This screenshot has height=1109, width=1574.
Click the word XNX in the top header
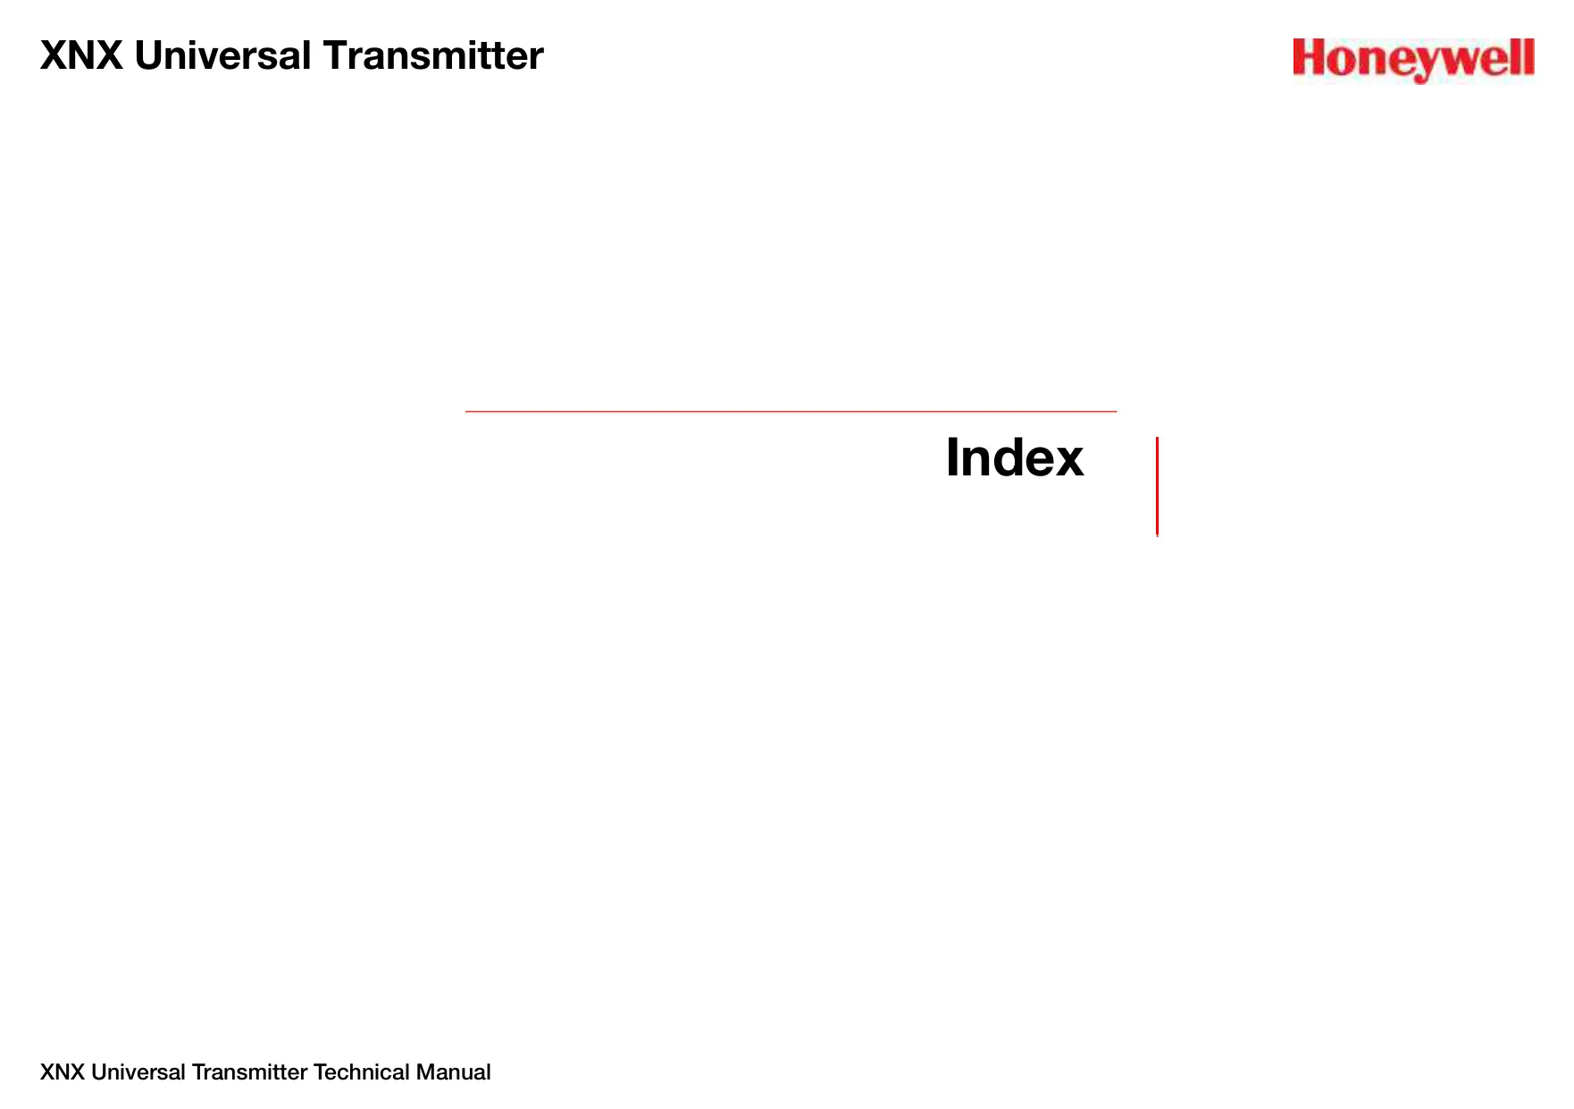(81, 55)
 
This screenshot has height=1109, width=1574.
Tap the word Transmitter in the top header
(433, 55)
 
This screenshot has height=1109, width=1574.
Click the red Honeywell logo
(1413, 60)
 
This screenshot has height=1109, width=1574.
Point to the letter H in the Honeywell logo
(1310, 58)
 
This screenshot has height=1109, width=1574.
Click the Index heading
(1015, 458)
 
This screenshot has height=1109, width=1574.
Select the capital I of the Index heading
(952, 458)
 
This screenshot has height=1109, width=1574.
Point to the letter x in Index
(1067, 463)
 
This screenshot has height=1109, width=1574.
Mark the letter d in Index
(1002, 458)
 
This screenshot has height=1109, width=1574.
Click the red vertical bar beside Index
(1157, 487)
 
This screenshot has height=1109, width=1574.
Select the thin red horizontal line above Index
(791, 411)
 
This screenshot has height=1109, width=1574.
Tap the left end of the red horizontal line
(466, 411)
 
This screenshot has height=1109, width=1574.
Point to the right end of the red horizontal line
(1116, 411)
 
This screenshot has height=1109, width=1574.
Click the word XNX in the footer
(63, 1072)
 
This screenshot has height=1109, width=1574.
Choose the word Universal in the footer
(138, 1072)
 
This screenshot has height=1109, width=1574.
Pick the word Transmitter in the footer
(250, 1072)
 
